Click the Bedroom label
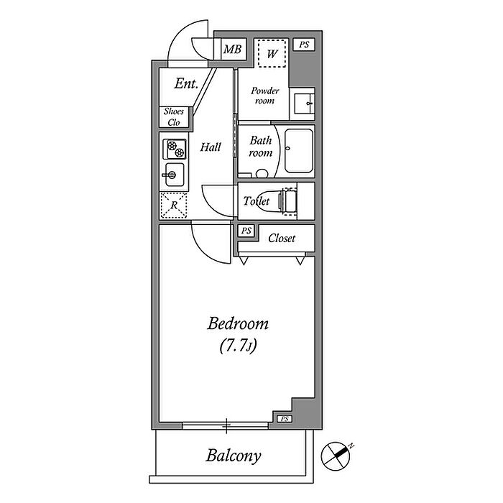pos(238,323)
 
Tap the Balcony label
pos(234,456)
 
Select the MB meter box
pos(234,49)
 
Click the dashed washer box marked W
pos(272,53)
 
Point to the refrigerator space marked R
pos(174,206)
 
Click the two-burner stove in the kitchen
pos(175,149)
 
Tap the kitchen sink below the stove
pos(174,175)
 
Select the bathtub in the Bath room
pos(299,151)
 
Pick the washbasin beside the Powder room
pos(303,103)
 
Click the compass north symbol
pos(336,456)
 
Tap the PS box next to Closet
pos(246,231)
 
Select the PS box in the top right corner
pos(304,45)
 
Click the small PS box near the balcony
pos(285,419)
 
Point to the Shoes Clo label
pos(174,116)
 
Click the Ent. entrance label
pos(186,83)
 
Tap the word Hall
pos(211,147)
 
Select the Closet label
pos(282,238)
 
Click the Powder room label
pos(264,96)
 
